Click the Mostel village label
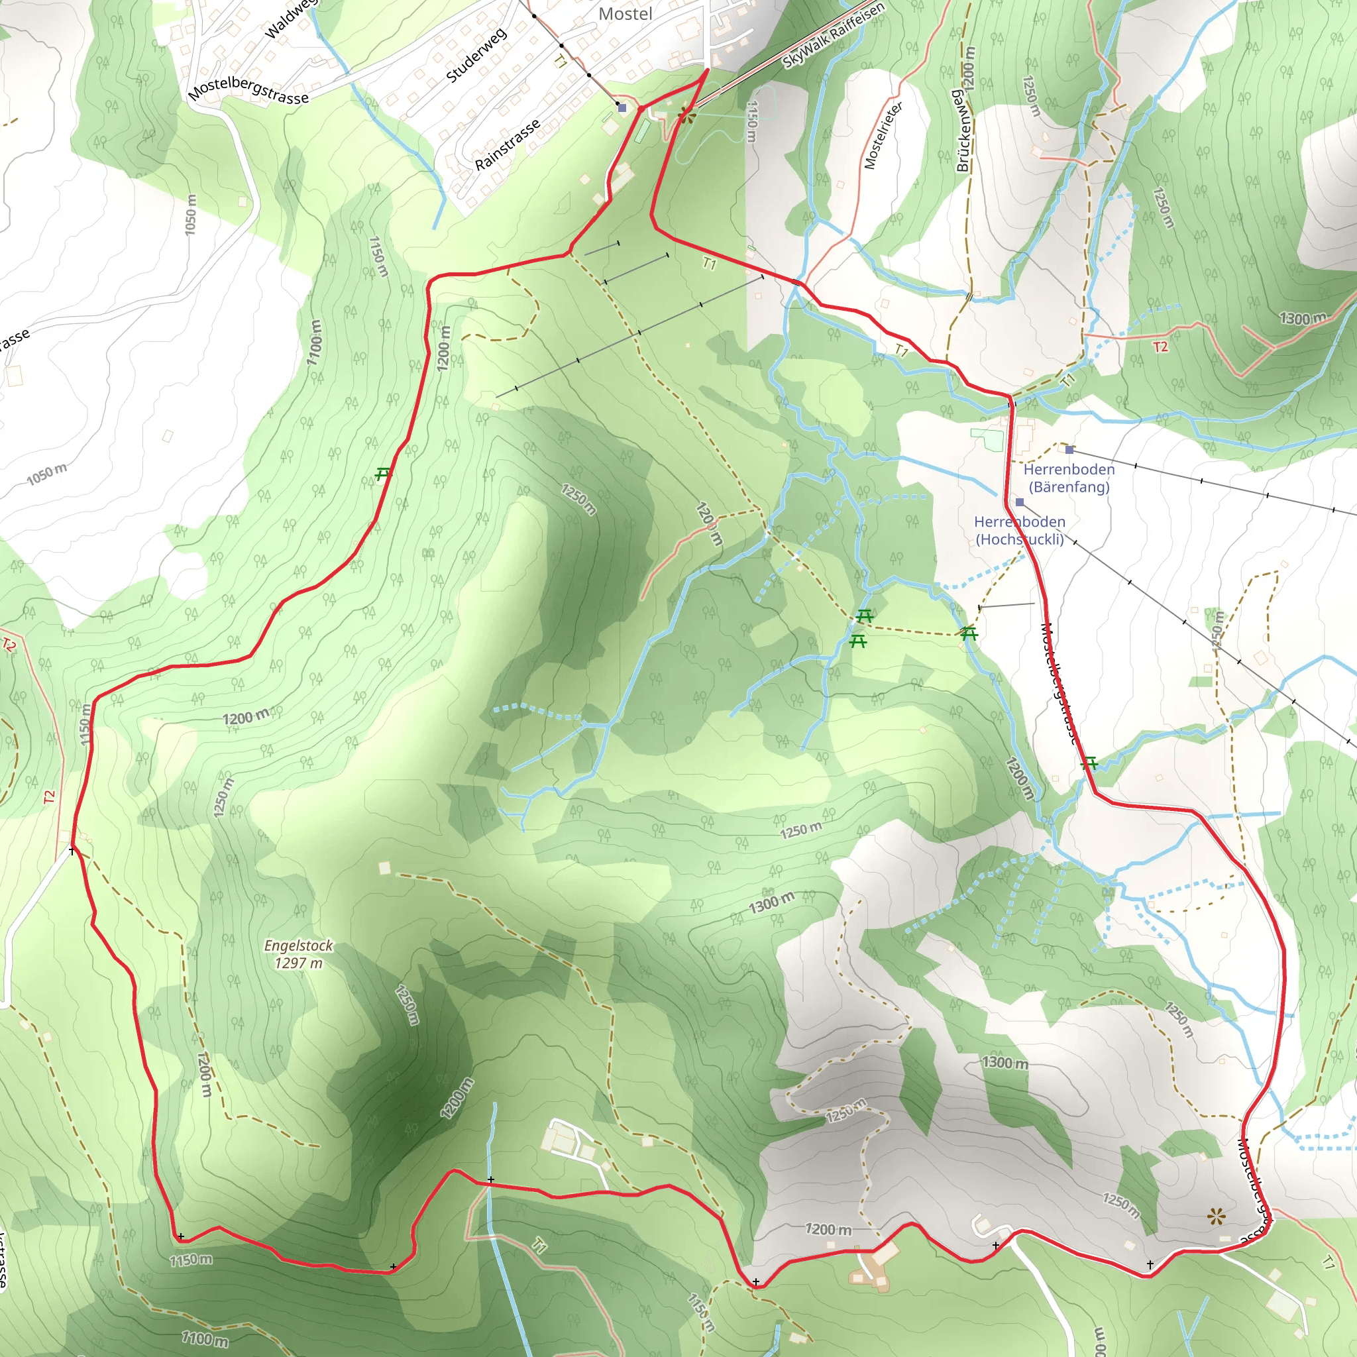coord(625,14)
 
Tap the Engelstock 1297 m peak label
coord(299,954)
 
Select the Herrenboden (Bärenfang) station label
coord(1068,478)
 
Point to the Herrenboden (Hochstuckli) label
coord(1019,530)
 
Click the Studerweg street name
coord(476,56)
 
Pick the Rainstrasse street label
coord(507,144)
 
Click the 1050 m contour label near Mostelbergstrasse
coord(190,215)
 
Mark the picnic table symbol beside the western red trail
coord(382,474)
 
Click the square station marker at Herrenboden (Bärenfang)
coord(1069,449)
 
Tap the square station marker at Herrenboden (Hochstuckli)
coord(1019,502)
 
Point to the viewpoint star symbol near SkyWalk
coord(686,114)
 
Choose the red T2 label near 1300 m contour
coord(1160,347)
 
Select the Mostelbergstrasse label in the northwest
coord(248,91)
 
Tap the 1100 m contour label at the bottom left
coord(205,1338)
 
